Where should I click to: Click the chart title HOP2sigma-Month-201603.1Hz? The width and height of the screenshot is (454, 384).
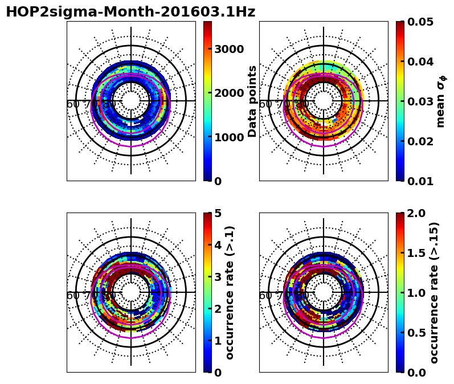[x=130, y=12]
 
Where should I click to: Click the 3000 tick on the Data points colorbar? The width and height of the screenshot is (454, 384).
[x=228, y=49]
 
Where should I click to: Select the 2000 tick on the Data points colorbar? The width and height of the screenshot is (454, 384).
[x=228, y=93]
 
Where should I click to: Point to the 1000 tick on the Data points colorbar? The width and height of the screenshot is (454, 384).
[x=228, y=137]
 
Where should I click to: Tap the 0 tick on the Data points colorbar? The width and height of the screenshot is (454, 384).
[x=218, y=181]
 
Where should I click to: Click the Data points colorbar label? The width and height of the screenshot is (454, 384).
[x=253, y=101]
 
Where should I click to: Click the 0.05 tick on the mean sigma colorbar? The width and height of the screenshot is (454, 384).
[x=420, y=22]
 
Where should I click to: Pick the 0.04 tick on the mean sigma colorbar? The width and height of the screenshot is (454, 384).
[x=420, y=62]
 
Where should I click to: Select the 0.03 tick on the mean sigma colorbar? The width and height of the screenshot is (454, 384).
[x=420, y=101]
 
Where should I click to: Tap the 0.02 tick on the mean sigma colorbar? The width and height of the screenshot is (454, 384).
[x=420, y=141]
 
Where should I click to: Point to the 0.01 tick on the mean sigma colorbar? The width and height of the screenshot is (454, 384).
[x=420, y=181]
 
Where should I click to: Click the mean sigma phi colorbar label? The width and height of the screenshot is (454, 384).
[x=441, y=101]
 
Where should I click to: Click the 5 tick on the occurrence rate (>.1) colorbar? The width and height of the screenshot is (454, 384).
[x=218, y=213]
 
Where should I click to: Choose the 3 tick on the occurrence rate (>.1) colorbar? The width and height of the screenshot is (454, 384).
[x=218, y=277]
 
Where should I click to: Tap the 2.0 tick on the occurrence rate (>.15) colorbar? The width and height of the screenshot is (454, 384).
[x=417, y=213]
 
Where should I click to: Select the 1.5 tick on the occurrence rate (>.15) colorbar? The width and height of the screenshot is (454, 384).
[x=417, y=253]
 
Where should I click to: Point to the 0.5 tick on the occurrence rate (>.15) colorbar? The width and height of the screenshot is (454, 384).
[x=417, y=333]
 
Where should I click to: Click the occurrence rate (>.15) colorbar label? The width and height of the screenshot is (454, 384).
[x=435, y=292]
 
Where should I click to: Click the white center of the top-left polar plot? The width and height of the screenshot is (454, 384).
[x=131, y=101]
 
